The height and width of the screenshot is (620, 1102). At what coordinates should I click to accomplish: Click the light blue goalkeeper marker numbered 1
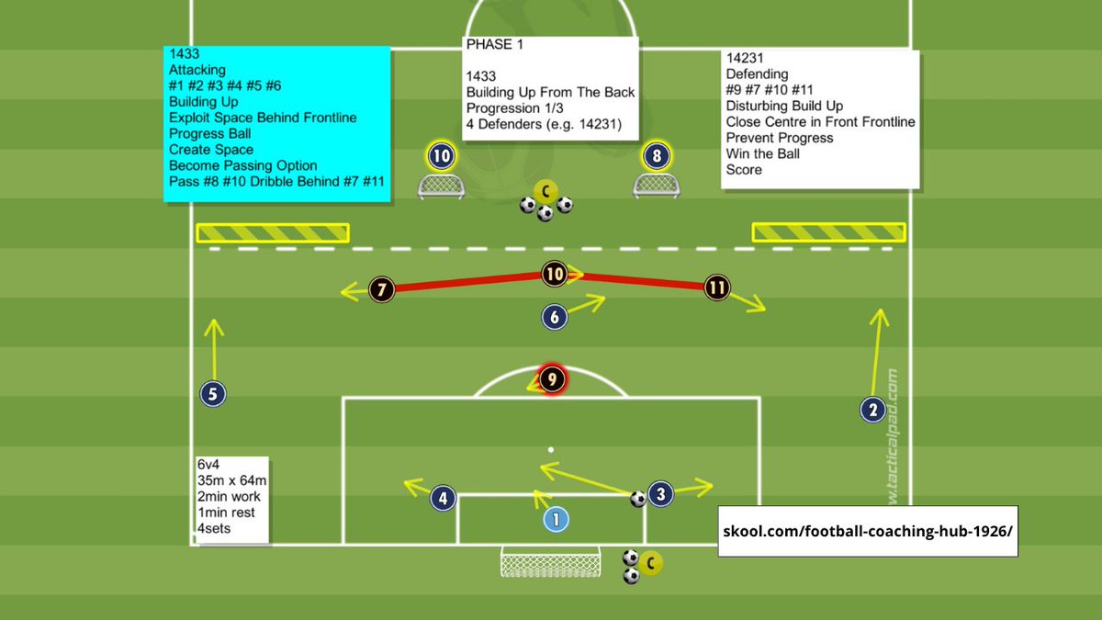[556, 520]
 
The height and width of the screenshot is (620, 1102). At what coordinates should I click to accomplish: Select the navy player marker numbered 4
[443, 499]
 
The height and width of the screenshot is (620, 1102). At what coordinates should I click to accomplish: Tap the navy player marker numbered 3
[660, 494]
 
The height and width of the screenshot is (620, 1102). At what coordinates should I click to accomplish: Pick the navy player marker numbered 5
[212, 395]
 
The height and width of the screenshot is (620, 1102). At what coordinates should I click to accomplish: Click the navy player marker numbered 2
[872, 410]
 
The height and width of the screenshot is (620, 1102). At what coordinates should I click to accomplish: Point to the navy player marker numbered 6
[554, 317]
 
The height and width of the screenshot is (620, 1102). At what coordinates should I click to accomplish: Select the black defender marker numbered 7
[381, 289]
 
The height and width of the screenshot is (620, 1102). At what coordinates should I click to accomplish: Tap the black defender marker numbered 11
[717, 287]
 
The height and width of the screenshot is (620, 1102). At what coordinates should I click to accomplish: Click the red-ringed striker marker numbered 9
[551, 378]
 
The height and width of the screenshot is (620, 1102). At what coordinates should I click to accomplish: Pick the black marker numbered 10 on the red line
[554, 273]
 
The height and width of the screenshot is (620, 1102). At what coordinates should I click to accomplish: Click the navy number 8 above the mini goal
[656, 156]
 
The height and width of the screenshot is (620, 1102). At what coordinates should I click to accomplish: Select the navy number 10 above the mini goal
[442, 156]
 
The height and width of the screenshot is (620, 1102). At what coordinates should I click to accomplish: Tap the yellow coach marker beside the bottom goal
[651, 563]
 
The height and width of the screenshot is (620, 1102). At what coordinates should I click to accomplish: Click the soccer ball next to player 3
[637, 499]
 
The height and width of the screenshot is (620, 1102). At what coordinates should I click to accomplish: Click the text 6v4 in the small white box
[210, 465]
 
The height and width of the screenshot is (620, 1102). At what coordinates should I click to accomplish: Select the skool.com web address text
[868, 530]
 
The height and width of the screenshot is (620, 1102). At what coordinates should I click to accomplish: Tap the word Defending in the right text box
[757, 74]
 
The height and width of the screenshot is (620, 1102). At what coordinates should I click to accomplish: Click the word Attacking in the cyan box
[197, 70]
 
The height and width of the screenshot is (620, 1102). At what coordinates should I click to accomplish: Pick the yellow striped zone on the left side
[273, 232]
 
